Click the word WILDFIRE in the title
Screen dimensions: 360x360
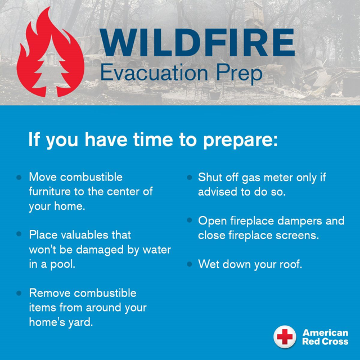tap(197, 43)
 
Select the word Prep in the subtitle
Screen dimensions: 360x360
tap(239, 74)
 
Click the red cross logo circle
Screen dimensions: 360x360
tap(285, 337)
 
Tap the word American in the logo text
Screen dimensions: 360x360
tap(325, 332)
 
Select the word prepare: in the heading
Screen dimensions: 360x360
tap(241, 141)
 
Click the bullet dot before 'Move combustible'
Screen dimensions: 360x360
tap(19, 177)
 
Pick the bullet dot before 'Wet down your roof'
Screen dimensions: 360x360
tap(190, 264)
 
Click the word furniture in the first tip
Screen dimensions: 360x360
tap(49, 192)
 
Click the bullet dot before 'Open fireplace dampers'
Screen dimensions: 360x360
tap(190, 220)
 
